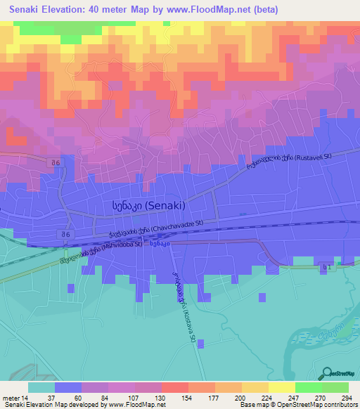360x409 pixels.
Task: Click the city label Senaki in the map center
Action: (x=148, y=206)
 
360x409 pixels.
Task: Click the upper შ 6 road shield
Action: (x=56, y=163)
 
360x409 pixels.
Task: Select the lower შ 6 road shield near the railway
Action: (x=65, y=234)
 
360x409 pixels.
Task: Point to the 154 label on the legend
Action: (x=188, y=397)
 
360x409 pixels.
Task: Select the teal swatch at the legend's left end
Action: (x=41, y=387)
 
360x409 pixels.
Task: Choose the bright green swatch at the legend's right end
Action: (x=336, y=387)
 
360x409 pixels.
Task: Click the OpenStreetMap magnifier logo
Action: (x=326, y=373)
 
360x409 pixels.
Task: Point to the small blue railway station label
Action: (x=158, y=244)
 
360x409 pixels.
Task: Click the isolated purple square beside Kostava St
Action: (x=200, y=344)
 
